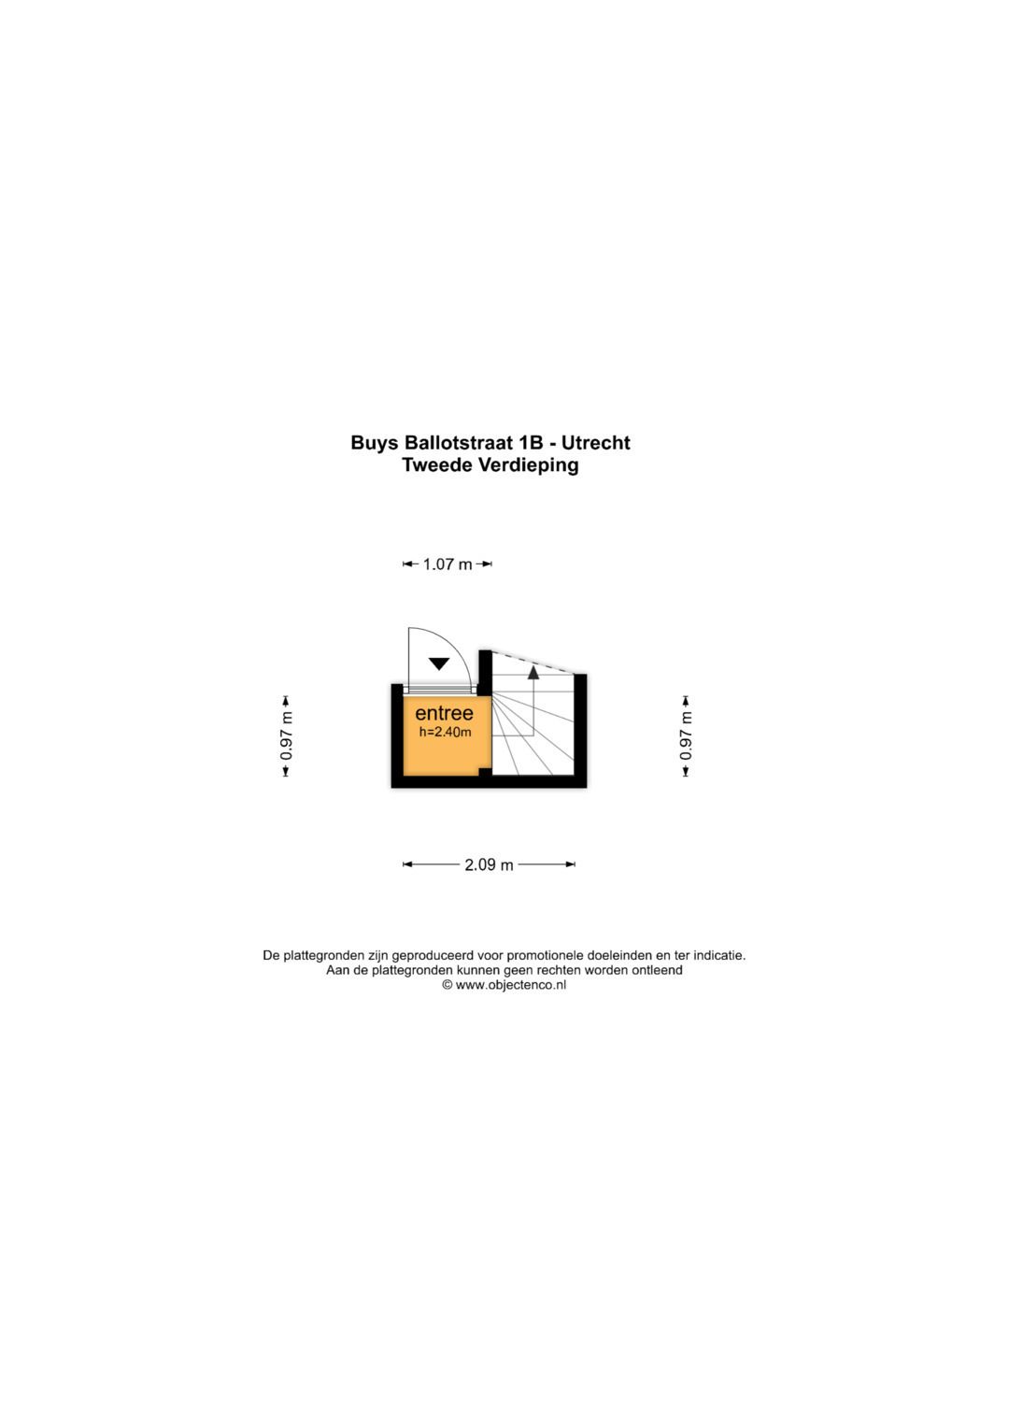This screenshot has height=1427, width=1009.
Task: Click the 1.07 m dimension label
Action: tap(448, 564)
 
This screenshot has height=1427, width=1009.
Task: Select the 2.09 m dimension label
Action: tap(489, 864)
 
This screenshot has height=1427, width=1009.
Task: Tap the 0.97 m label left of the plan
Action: tap(287, 736)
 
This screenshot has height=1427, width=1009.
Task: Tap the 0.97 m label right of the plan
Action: tap(686, 736)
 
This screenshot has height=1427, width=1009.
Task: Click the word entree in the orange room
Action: tap(444, 713)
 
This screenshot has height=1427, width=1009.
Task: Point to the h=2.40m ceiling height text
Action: tap(445, 732)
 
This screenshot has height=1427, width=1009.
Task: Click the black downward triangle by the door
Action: tap(439, 664)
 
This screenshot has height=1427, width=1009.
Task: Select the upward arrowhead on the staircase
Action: tap(533, 672)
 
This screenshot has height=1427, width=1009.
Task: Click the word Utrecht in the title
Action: tap(596, 443)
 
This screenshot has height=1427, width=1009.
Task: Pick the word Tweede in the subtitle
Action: tap(437, 465)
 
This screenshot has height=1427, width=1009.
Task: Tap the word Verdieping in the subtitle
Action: tap(528, 465)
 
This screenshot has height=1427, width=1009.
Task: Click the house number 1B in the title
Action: tap(531, 443)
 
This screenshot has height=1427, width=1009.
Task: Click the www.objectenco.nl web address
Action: tap(510, 984)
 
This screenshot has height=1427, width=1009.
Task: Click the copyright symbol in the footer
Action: tap(448, 984)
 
